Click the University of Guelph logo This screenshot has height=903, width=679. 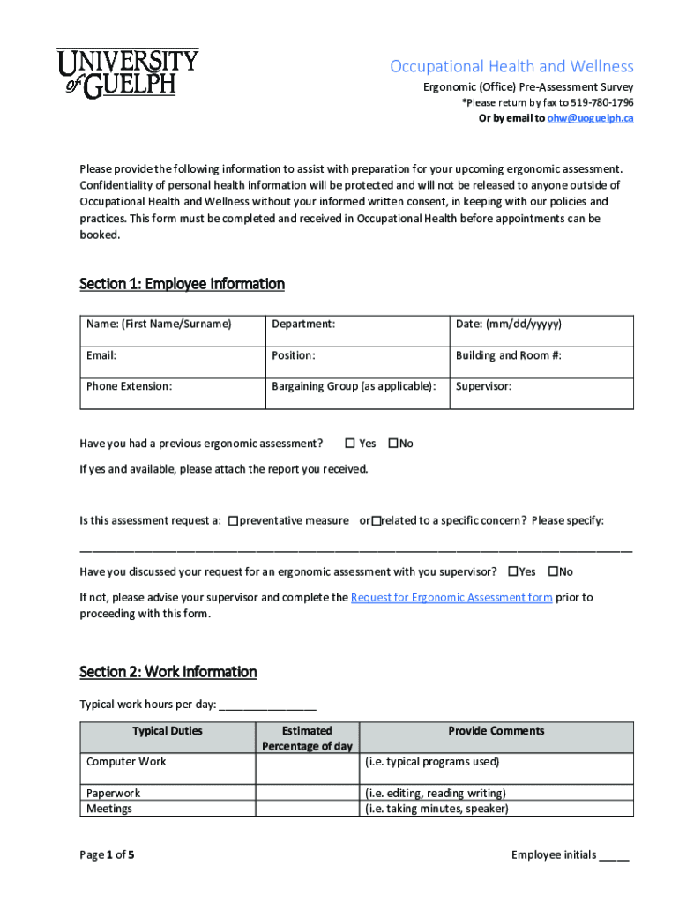point(128,72)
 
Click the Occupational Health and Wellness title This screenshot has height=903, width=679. point(511,67)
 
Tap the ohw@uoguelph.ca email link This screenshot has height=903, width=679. point(590,118)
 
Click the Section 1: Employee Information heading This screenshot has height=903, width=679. point(182,284)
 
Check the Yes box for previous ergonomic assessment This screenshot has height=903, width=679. point(349,444)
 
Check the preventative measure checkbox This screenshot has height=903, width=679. point(233,521)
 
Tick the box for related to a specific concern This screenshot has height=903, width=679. point(376,521)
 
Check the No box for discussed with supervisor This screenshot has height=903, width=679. point(554,572)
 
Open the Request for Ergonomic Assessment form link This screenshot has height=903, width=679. point(451,598)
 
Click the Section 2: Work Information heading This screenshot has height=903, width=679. point(168,672)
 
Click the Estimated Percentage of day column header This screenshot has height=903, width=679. point(307,738)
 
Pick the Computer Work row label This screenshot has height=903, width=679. point(126,762)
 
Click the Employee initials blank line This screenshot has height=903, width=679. point(614,855)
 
